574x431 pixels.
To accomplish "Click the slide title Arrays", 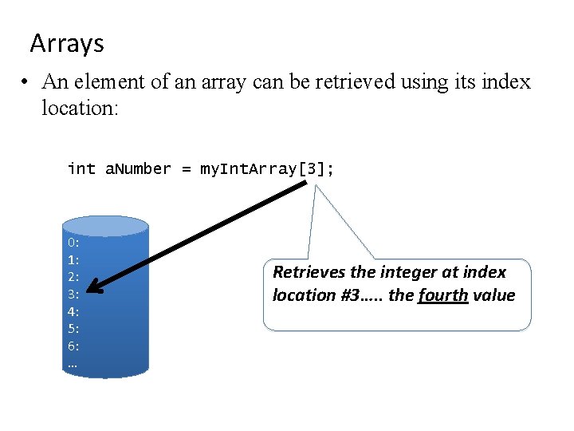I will pyautogui.click(x=67, y=43).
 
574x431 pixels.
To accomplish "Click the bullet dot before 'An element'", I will pyautogui.click(x=26, y=82).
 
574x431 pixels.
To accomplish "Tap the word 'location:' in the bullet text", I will pyautogui.click(x=80, y=107).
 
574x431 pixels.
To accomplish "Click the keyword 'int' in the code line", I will pyautogui.click(x=81, y=168).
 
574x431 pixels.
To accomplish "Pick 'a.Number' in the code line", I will pyautogui.click(x=138, y=168).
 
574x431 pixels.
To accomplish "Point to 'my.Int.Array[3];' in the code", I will pyautogui.click(x=268, y=168).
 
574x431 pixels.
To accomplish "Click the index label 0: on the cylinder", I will pyautogui.click(x=73, y=243).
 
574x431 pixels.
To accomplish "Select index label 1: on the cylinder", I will pyautogui.click(x=73, y=259).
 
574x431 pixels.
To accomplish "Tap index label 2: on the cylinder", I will pyautogui.click(x=73, y=277).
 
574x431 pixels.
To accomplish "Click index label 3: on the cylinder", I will pyautogui.click(x=73, y=295).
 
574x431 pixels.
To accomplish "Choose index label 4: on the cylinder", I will pyautogui.click(x=73, y=312).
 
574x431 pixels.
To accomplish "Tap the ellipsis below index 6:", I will pyautogui.click(x=73, y=364).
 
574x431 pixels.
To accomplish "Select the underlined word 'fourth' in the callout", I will pyautogui.click(x=442, y=295).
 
